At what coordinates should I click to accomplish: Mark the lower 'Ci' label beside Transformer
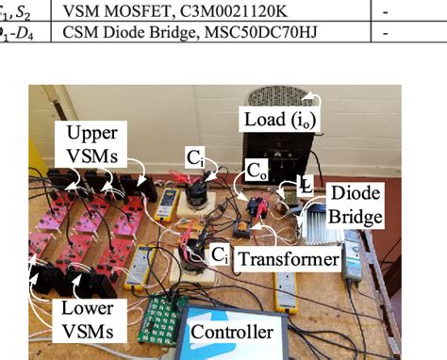click(x=219, y=254)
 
